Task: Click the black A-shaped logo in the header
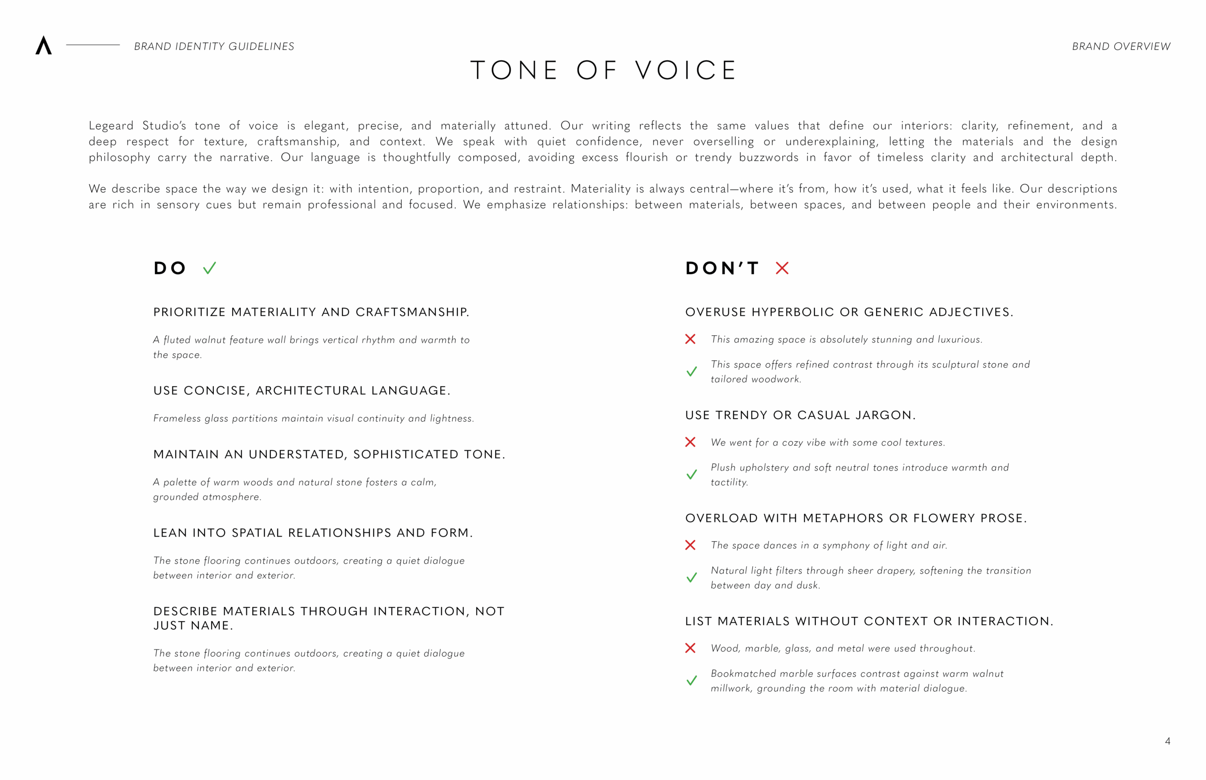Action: coord(43,45)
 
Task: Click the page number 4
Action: coord(1167,741)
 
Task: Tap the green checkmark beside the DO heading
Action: coord(209,268)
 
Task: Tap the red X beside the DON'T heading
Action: coord(782,268)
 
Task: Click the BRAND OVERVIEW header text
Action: coord(1120,47)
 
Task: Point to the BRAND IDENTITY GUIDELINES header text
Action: coord(214,47)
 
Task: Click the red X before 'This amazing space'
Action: coord(690,339)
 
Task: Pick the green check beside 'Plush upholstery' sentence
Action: coord(692,475)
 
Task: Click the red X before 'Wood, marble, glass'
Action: coord(690,648)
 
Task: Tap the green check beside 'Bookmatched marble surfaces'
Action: coord(692,680)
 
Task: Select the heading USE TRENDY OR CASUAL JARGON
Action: coord(800,415)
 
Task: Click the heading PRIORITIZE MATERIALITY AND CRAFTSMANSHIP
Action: coord(311,312)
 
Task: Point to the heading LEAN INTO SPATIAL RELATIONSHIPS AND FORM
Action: coord(312,533)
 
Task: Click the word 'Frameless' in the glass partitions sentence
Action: coord(177,418)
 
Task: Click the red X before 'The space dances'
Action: coord(690,545)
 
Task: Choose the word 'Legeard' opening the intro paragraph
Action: coord(111,126)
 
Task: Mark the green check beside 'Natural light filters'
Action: coord(692,577)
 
